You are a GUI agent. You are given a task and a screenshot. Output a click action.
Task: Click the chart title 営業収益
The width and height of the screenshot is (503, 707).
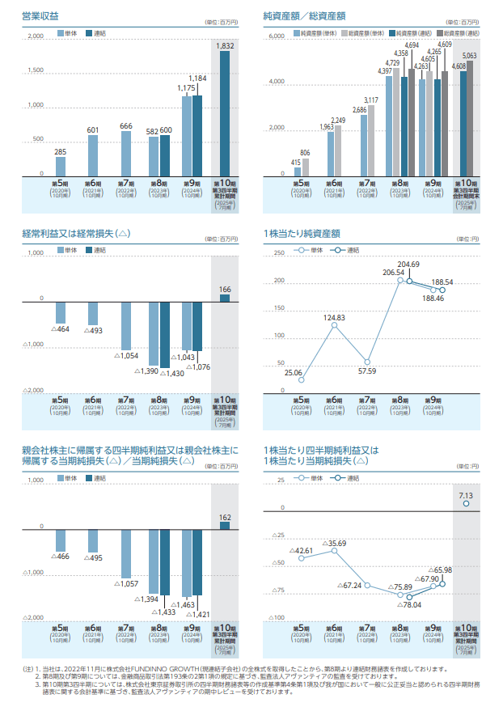pos(40,15)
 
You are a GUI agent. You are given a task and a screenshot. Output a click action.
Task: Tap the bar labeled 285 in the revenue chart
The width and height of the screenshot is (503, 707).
pos(61,165)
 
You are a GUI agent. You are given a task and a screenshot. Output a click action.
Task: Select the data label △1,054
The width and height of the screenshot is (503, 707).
pos(126,356)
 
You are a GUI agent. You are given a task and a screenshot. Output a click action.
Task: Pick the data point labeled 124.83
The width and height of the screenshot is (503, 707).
pos(334,327)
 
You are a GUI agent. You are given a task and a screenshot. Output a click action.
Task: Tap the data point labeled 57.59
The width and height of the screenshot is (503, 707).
pos(368,362)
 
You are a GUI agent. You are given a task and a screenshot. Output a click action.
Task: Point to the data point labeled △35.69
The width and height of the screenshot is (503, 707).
pos(335,551)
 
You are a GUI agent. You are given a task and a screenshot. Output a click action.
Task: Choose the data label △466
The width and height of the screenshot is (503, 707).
pos(61,557)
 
